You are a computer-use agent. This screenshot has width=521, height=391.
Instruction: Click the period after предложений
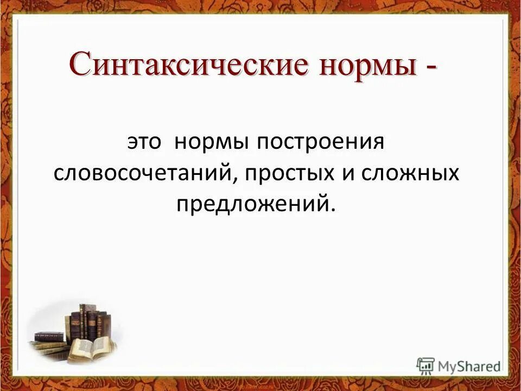click(332, 208)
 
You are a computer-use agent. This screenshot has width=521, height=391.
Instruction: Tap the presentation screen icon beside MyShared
click(425, 365)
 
